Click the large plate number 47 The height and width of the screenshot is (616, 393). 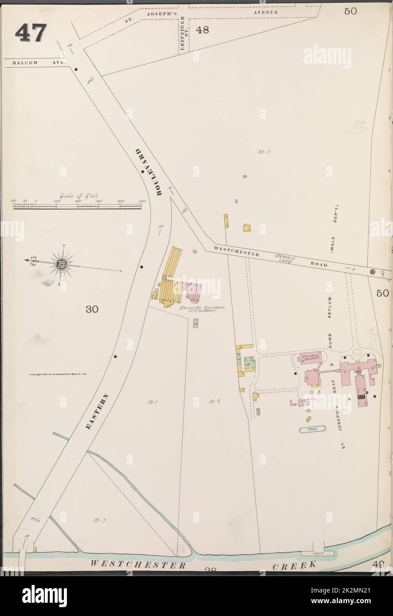tap(30, 32)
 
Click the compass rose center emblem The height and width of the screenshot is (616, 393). tap(59, 265)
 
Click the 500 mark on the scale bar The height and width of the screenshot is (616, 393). tap(142, 201)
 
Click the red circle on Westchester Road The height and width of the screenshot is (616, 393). tap(373, 271)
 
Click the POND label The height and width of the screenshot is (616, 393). tap(312, 429)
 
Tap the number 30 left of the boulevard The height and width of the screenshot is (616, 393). tap(92, 309)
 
